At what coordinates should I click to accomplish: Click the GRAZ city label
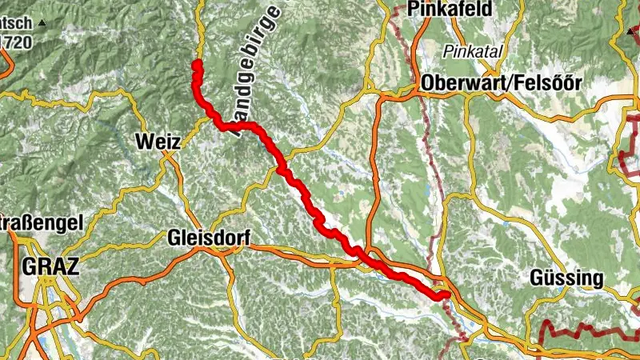click(51, 266)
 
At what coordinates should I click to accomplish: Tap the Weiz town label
click(156, 142)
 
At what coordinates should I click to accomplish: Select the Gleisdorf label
click(209, 238)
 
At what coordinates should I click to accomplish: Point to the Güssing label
click(566, 278)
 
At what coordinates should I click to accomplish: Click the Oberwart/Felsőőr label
click(505, 83)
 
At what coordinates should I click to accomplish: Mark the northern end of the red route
click(197, 62)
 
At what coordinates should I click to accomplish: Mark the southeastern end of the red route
click(441, 295)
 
